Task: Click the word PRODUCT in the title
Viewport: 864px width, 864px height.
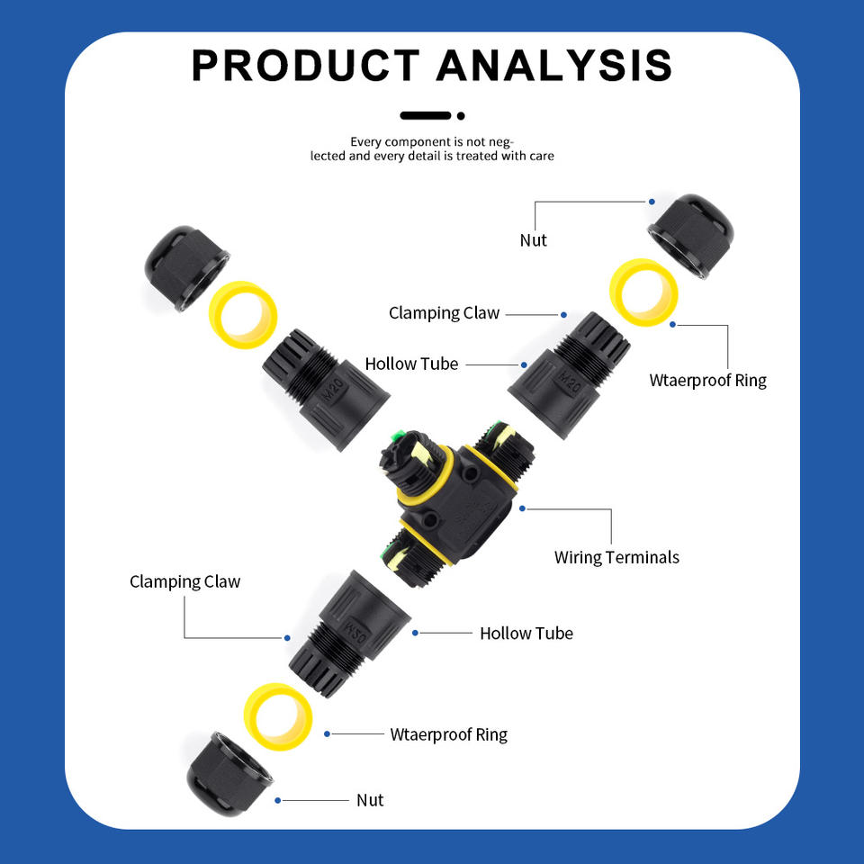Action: coord(306,66)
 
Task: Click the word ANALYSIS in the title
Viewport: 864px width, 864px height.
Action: coord(554,66)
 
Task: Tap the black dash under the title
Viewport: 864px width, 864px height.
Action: coord(425,115)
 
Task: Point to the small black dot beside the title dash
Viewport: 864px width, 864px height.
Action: coord(461,115)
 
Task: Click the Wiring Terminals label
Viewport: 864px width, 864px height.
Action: coord(616,557)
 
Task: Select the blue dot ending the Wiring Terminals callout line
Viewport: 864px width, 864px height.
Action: coord(523,508)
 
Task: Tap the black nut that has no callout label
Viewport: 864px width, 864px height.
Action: coord(186,269)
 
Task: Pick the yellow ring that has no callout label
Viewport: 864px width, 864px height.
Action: coord(242,315)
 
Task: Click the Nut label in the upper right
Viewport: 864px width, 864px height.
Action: coord(533,240)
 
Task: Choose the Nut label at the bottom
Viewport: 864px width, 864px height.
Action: coord(370,800)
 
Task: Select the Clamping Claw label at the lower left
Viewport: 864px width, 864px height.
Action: coord(184,581)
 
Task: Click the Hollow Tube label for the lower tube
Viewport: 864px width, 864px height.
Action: coord(526,634)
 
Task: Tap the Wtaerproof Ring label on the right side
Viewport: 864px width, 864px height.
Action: coord(707,380)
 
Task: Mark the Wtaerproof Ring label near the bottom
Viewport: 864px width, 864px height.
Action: coord(448,734)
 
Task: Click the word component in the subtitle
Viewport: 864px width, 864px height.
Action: coord(418,142)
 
